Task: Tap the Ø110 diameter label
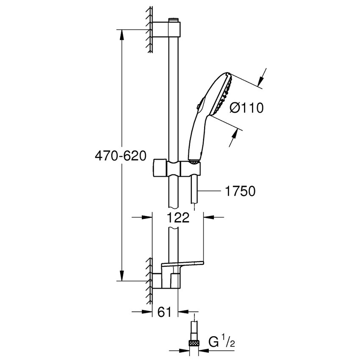246,108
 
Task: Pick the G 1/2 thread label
223,341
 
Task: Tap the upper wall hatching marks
149,30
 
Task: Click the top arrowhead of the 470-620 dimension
122,32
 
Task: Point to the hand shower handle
196,136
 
